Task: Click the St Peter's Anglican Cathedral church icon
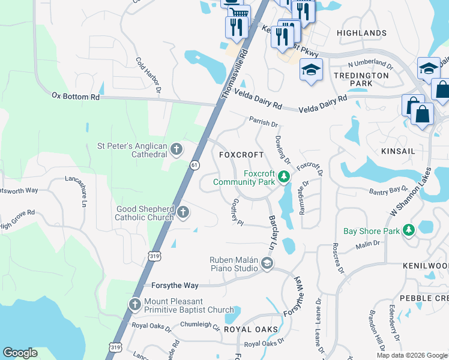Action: click(x=176, y=148)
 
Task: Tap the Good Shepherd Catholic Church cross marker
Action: click(x=183, y=212)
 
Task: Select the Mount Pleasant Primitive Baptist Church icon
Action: click(x=134, y=305)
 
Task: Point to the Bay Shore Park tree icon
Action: click(x=408, y=230)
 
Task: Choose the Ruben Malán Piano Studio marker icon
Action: click(x=267, y=263)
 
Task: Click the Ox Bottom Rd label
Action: click(x=76, y=96)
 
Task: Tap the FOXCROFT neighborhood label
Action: click(x=241, y=154)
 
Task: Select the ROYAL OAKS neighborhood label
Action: click(x=251, y=329)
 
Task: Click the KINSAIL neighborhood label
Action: click(x=398, y=151)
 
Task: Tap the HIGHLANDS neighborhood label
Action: click(x=361, y=33)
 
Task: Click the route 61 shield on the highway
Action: click(x=194, y=165)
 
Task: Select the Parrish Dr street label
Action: click(x=265, y=125)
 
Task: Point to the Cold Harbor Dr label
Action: click(x=149, y=75)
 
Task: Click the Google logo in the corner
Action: click(x=20, y=353)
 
